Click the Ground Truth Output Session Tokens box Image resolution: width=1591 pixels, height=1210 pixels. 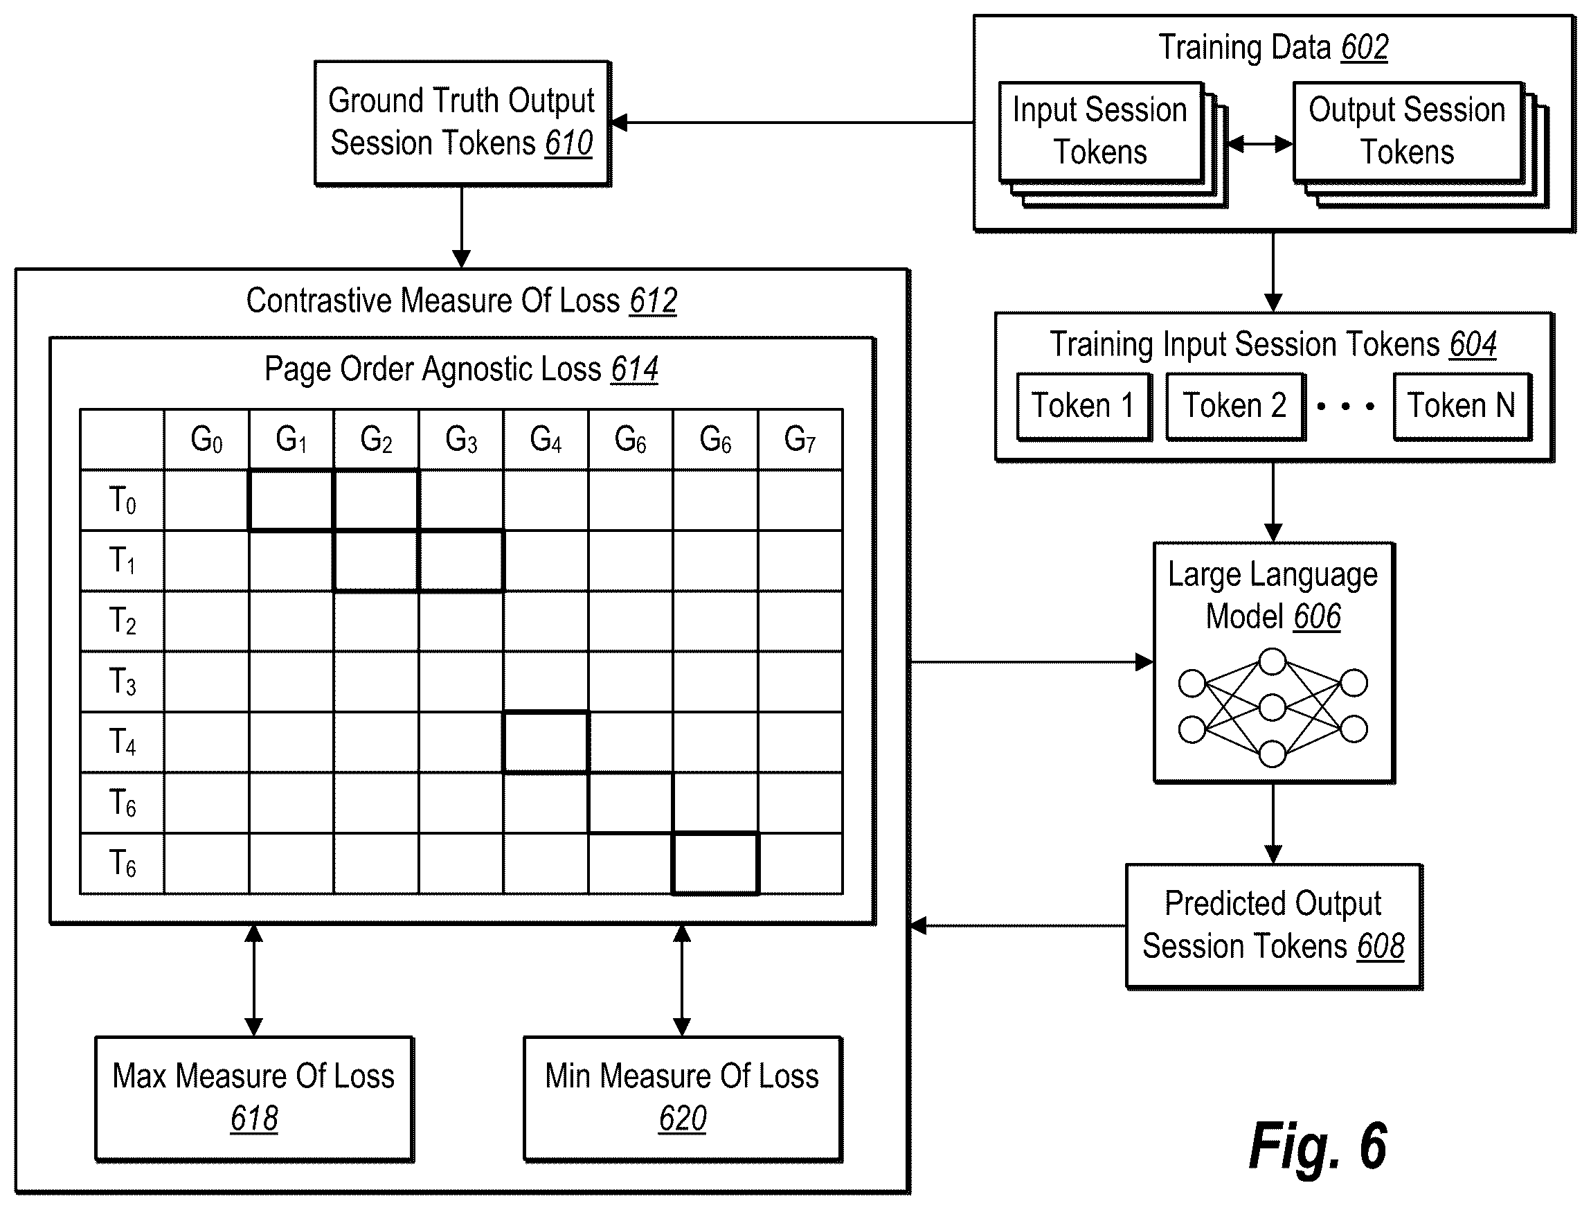[462, 123]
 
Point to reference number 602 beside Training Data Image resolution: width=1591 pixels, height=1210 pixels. [1364, 48]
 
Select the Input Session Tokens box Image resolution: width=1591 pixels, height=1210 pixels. [1101, 132]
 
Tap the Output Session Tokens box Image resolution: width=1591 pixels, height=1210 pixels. [1408, 132]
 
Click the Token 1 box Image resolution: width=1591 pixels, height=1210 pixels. [1084, 406]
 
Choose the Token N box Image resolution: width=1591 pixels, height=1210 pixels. [1462, 406]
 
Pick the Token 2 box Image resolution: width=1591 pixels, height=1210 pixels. [1234, 406]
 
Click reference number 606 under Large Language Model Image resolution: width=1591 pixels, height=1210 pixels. [1317, 616]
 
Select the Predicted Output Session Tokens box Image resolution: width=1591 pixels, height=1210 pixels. [1273, 926]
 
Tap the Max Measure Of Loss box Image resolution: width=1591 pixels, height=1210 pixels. [254, 1098]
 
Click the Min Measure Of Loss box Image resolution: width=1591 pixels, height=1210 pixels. [683, 1098]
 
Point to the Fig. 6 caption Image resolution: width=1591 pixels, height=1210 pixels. [1318, 1146]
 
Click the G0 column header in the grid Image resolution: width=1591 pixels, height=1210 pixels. [206, 439]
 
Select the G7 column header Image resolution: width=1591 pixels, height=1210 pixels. [800, 439]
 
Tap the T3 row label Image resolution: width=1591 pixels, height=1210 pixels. [123, 682]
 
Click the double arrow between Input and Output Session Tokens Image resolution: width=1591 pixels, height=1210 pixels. [1259, 144]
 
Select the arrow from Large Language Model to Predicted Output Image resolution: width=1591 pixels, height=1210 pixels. [1273, 824]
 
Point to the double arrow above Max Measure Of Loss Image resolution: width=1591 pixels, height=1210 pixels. [253, 980]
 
